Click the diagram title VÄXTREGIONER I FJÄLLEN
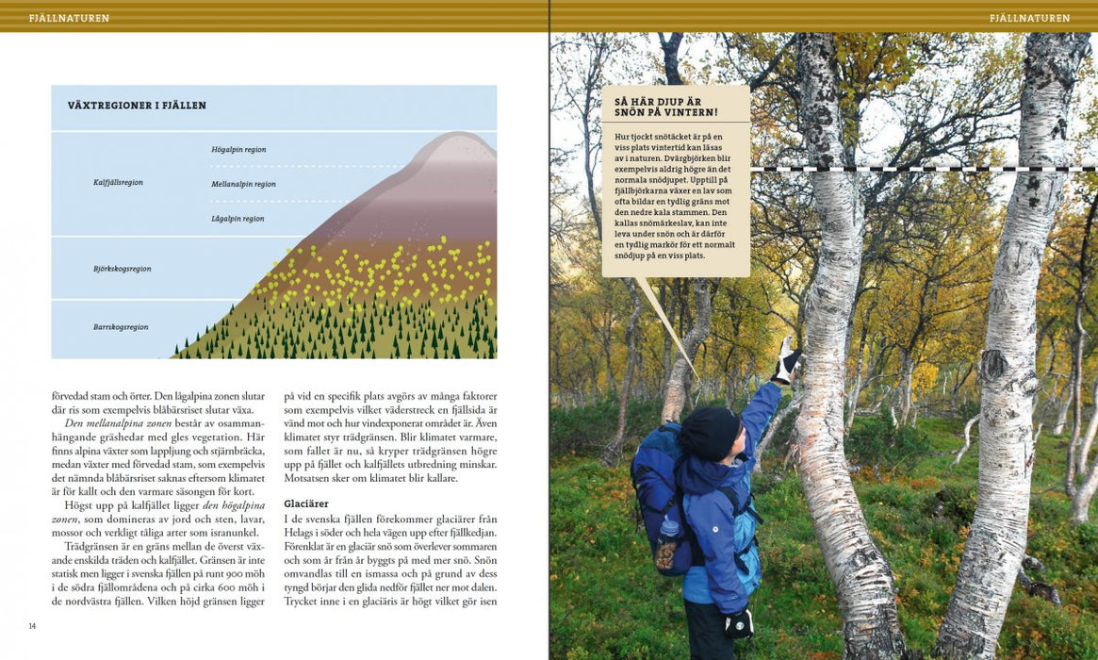pyautogui.click(x=137, y=106)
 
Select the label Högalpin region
pyautogui.click(x=238, y=149)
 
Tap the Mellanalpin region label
pyautogui.click(x=243, y=184)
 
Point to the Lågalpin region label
pyautogui.click(x=238, y=219)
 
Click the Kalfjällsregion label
pyautogui.click(x=118, y=182)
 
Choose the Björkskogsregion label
pyautogui.click(x=122, y=269)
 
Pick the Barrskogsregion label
pyautogui.click(x=121, y=327)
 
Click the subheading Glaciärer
pyautogui.click(x=306, y=503)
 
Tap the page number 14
pyautogui.click(x=32, y=626)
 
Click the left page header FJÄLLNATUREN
pyautogui.click(x=69, y=18)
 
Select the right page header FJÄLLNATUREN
pyautogui.click(x=1029, y=18)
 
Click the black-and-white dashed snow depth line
pyautogui.click(x=924, y=169)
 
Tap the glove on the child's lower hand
pyautogui.click(x=739, y=622)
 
